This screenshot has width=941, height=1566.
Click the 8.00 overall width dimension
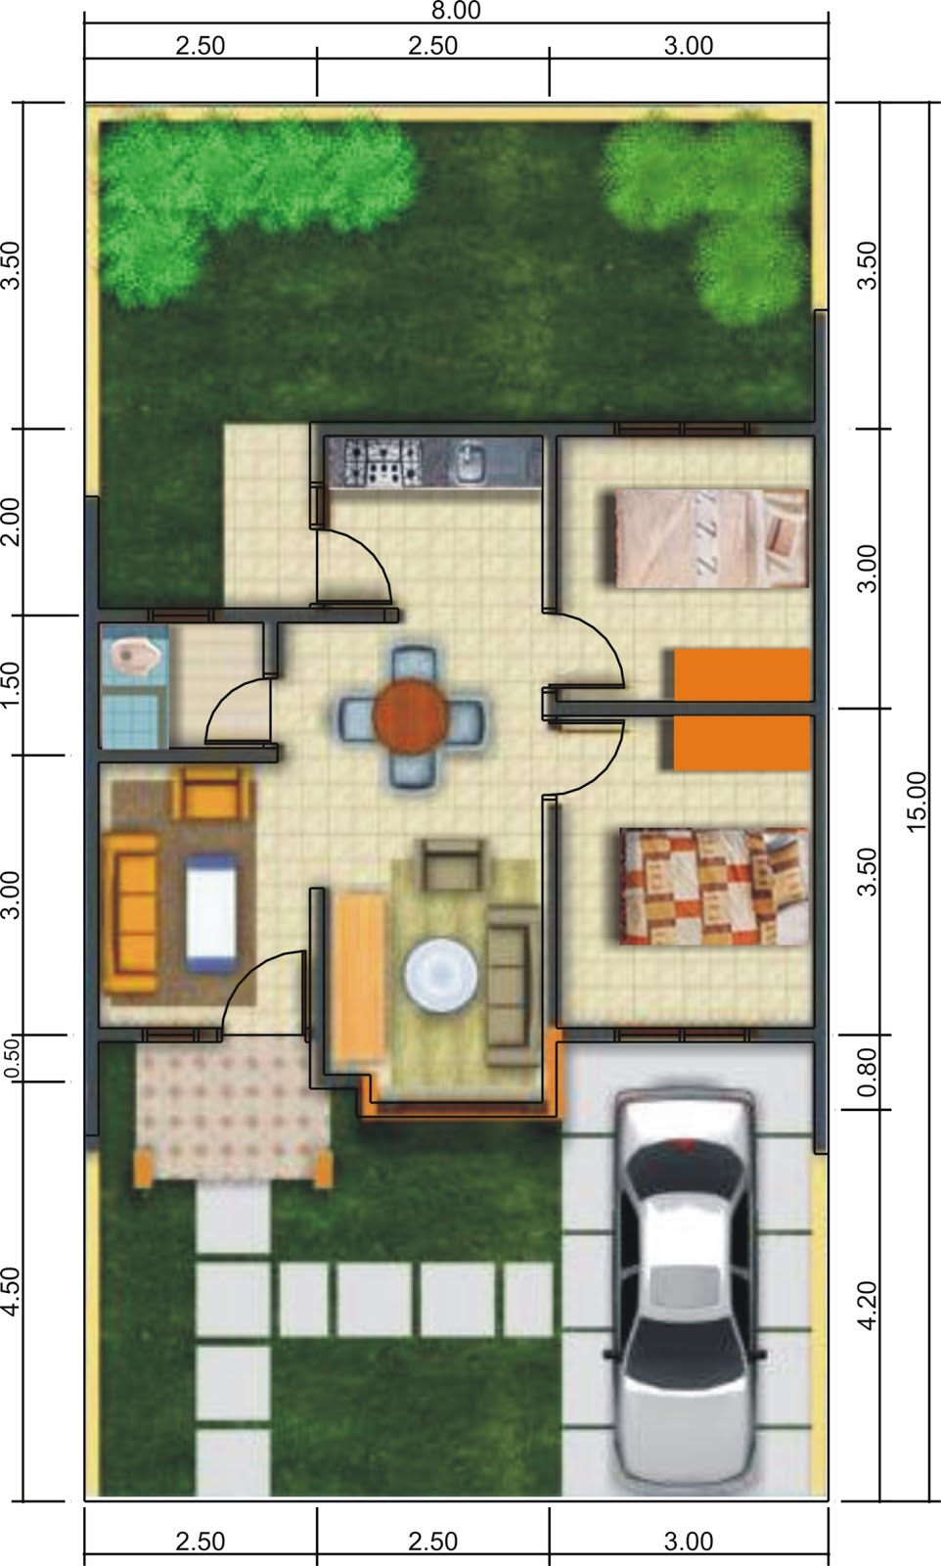[456, 11]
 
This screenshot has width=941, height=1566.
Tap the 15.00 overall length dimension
[917, 802]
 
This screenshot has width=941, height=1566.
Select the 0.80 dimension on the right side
[867, 1072]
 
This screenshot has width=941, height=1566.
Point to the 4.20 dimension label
[867, 1306]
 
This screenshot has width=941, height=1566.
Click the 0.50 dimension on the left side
[12, 1058]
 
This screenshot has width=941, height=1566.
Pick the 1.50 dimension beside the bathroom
[11, 685]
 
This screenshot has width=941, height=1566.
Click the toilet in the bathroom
[135, 655]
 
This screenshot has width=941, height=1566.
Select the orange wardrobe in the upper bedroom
[741, 674]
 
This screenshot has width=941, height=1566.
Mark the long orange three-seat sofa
[130, 912]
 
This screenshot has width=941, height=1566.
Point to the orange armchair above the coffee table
[211, 793]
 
